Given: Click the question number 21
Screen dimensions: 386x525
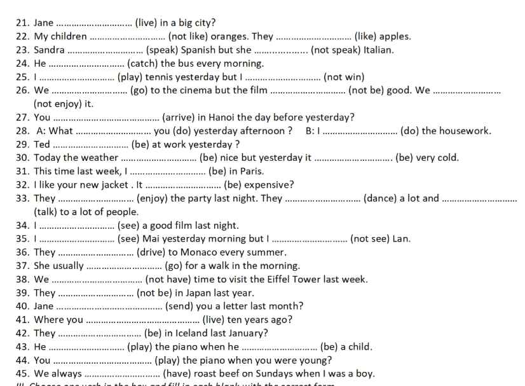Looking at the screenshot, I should point(22,23).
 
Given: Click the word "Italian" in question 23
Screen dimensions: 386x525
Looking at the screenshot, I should point(377,50).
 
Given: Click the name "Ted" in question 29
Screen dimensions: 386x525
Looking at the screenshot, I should point(42,144).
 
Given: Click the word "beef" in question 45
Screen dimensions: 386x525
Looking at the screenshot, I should point(236,374).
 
